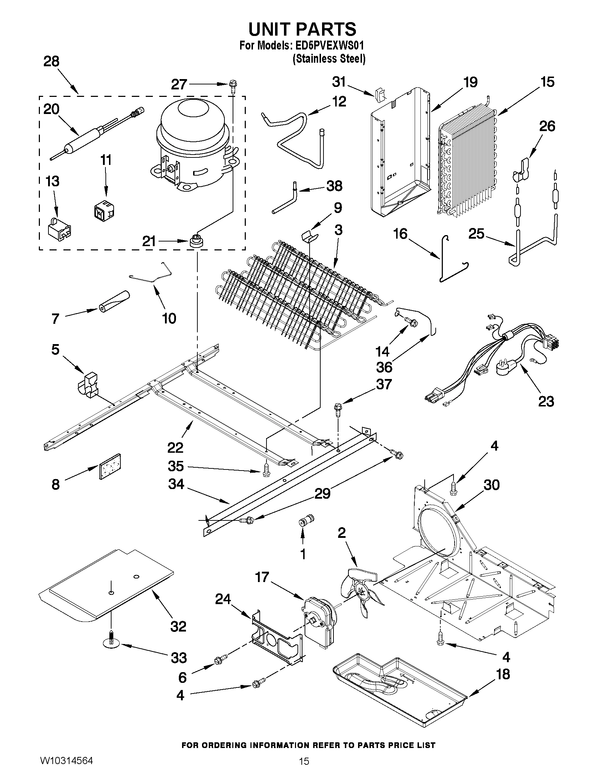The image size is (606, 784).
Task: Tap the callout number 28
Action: pyautogui.click(x=51, y=61)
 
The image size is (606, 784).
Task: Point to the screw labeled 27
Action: pyautogui.click(x=232, y=86)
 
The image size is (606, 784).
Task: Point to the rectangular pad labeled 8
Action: pyautogui.click(x=109, y=467)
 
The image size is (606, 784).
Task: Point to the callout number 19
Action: pyautogui.click(x=470, y=82)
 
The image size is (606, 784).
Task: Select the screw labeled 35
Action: pyautogui.click(x=266, y=469)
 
